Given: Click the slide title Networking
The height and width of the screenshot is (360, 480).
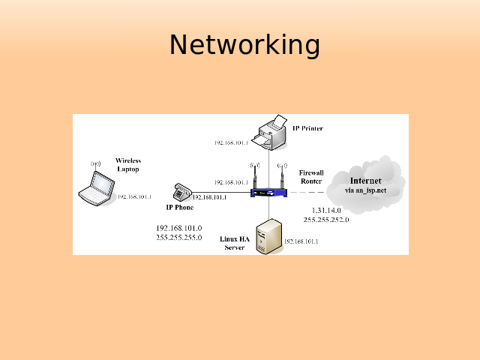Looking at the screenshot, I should point(244,45).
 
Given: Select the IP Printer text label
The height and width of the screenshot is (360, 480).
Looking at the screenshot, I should point(307,128).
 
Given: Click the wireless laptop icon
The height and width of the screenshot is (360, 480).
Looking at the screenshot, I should point(95,187).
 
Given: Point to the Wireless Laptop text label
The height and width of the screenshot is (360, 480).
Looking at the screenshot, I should point(128,165).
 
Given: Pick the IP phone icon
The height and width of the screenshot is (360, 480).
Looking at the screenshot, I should point(180,192).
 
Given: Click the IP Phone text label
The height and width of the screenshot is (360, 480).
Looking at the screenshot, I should point(180,207).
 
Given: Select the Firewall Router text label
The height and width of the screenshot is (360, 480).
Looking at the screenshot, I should point(311,177).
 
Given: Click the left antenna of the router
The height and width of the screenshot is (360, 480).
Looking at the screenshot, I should point(255,176).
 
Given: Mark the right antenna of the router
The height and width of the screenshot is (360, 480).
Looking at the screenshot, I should point(282,176).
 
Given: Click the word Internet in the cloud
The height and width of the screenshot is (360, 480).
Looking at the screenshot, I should point(365,181).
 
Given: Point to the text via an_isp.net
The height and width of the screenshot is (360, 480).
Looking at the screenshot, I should point(365,190).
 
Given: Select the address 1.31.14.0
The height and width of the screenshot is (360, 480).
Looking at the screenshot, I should point(325,211).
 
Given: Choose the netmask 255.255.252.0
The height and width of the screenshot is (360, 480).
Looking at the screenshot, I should point(325,220).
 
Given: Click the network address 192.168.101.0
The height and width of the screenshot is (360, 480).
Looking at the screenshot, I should point(179,228).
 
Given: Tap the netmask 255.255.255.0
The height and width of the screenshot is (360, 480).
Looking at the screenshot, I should point(179,237).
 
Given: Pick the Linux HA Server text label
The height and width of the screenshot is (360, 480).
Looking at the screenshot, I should point(235,243).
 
